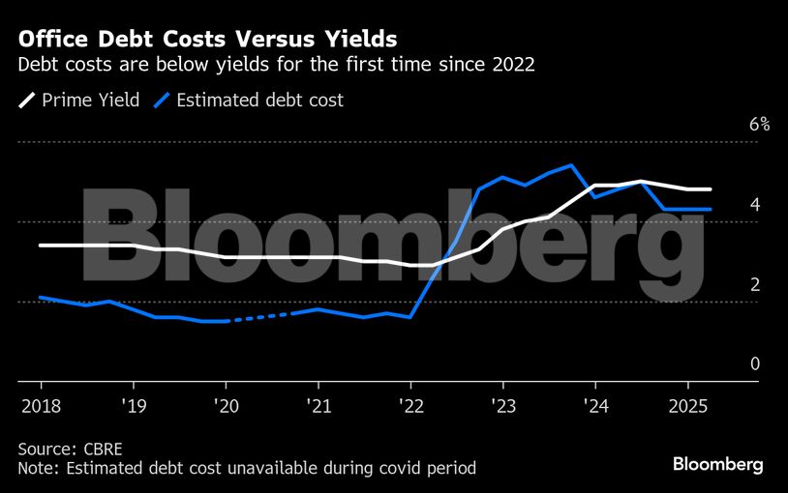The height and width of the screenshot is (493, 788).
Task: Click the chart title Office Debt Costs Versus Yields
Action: (x=207, y=40)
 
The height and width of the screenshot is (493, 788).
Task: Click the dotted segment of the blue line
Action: (x=259, y=317)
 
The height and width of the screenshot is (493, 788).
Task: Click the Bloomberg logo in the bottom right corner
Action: (x=717, y=465)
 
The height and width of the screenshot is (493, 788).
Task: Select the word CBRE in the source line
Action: (x=102, y=449)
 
